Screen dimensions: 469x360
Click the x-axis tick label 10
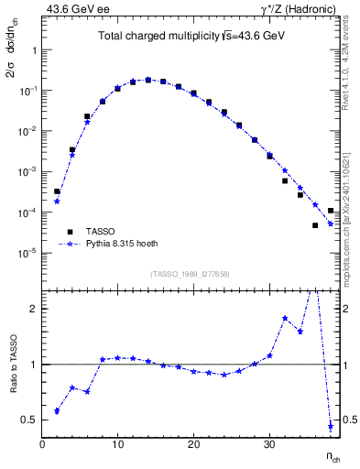coord(117,445)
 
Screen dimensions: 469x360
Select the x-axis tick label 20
coord(193,445)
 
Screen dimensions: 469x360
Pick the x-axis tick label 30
coord(269,445)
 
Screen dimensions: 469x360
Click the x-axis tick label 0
coord(42,445)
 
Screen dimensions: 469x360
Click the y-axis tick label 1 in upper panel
coord(34,50)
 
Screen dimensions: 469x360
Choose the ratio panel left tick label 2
coord(34,309)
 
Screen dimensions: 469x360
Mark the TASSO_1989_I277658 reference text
coord(189,273)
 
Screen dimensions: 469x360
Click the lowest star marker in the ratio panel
coord(330,426)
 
